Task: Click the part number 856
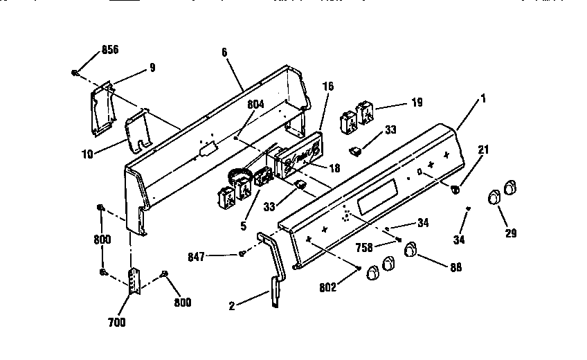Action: (110, 50)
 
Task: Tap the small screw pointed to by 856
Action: (74, 72)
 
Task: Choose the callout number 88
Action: (455, 267)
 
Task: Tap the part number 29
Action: (511, 233)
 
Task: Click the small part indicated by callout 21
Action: (455, 188)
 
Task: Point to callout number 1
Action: (483, 98)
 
